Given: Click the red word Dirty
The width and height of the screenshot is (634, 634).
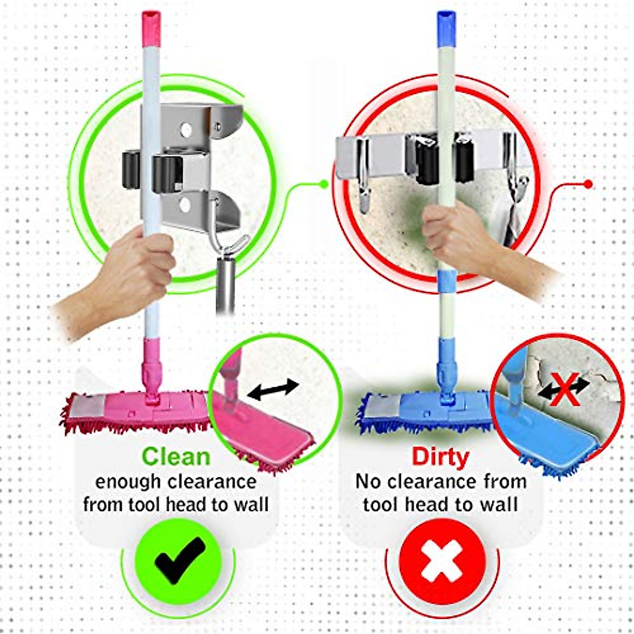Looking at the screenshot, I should click(x=440, y=456).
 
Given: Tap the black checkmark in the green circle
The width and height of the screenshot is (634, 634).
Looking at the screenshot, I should click(x=179, y=560).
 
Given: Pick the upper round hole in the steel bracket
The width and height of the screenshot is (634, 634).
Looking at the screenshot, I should click(x=185, y=129).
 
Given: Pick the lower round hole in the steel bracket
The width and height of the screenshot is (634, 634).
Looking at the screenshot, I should click(x=185, y=205).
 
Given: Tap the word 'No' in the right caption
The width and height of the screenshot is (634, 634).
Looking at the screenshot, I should click(x=368, y=482).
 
